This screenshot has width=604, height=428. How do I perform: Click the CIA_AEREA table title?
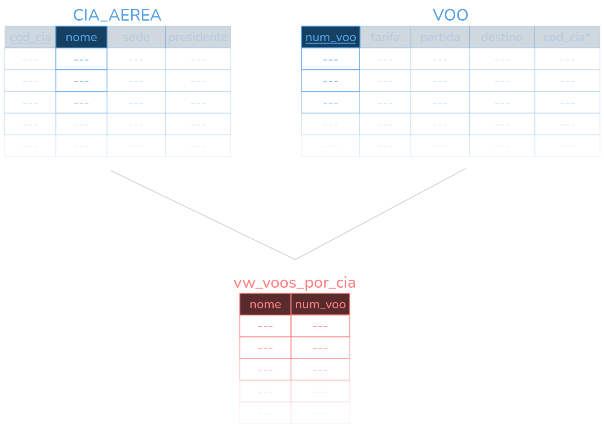(117, 15)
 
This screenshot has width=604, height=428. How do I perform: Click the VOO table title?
(450, 15)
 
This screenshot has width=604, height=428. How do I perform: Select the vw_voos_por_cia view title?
(294, 283)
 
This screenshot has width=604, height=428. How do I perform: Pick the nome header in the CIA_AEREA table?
(81, 37)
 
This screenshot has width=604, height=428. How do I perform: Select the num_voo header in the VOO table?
(331, 37)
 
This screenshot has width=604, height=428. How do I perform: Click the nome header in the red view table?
(265, 305)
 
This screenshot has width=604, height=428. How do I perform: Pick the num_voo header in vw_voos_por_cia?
(320, 305)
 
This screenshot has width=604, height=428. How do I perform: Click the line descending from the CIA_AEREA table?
(202, 214)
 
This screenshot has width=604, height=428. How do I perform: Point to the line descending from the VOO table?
(381, 214)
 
